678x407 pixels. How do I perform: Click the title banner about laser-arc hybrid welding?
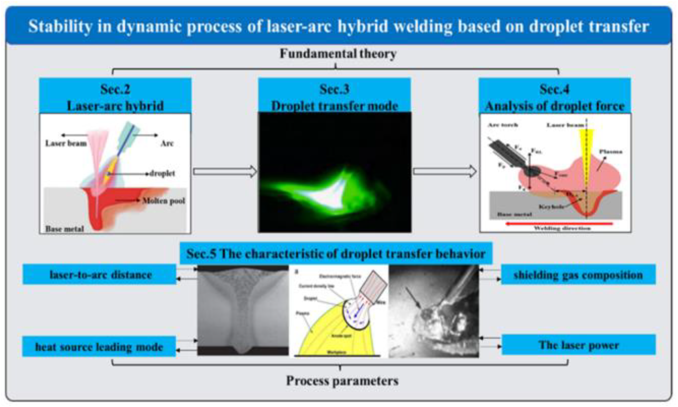tap(338, 26)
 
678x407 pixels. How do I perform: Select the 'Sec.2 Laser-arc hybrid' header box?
tap(115, 97)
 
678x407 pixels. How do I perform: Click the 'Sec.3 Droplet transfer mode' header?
tap(334, 97)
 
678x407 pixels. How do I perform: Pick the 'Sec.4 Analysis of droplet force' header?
tap(555, 97)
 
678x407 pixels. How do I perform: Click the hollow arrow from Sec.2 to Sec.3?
tap(225, 171)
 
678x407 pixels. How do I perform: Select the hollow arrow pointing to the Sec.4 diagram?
tap(445, 171)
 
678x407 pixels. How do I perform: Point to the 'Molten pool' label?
tap(163, 201)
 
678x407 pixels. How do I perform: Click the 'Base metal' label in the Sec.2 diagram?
tap(64, 229)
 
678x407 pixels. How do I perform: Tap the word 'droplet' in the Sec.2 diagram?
tap(162, 173)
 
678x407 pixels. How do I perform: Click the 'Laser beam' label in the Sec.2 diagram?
tap(66, 143)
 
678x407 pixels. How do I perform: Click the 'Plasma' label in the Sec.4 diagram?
tap(610, 151)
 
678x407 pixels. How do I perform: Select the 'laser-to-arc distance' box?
tap(100, 274)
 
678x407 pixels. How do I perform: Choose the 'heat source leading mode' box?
tap(99, 346)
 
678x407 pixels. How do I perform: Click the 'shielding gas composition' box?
tap(578, 275)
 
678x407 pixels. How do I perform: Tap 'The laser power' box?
tap(579, 345)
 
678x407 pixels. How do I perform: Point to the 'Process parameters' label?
tap(342, 381)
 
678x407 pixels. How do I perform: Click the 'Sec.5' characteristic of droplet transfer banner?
tap(336, 254)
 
